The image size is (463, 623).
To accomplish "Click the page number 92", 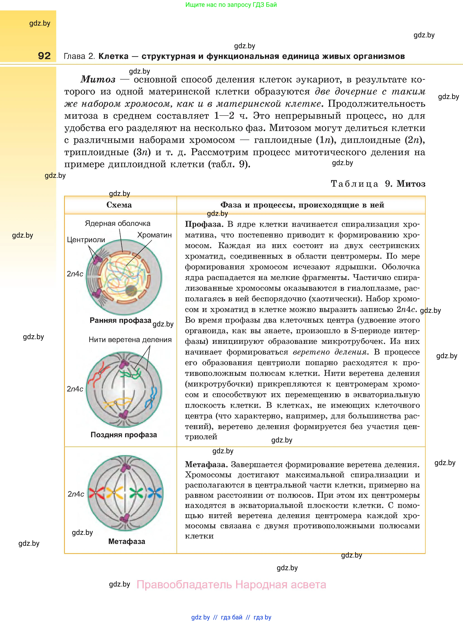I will (x=44, y=56).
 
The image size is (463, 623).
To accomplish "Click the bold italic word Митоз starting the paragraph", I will (x=98, y=80).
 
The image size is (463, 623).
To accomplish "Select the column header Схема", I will (x=119, y=205).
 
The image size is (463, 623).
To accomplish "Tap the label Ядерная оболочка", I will (x=117, y=224).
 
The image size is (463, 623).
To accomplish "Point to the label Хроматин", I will (x=154, y=235).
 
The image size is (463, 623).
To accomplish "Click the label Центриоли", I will (x=86, y=240).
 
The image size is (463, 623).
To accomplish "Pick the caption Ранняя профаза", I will (x=120, y=320).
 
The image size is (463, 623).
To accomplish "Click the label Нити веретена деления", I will (x=130, y=340).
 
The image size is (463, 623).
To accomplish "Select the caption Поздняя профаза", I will (x=124, y=435).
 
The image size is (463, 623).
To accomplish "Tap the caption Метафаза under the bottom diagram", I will (x=127, y=541).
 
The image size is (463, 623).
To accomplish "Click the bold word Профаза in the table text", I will (x=204, y=224).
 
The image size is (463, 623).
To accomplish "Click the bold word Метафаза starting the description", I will (x=205, y=465).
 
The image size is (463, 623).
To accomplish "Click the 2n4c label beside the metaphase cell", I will (x=76, y=494).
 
